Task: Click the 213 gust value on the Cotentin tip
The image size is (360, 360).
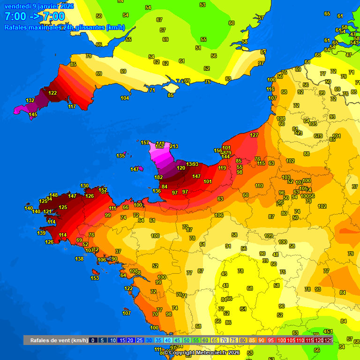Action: click(174, 147)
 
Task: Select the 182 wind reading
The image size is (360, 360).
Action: click(158, 177)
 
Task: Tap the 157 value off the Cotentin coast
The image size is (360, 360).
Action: click(145, 142)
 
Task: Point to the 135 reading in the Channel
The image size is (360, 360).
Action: click(121, 156)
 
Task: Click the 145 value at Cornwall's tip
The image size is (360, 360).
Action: click(33, 115)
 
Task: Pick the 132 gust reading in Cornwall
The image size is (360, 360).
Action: click(30, 101)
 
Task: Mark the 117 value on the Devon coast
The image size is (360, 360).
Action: click(72, 107)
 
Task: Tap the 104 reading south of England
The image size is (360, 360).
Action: click(125, 98)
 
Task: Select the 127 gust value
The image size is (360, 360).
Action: click(254, 135)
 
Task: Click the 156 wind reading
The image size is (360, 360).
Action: click(218, 150)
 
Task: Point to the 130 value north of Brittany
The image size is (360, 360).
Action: click(84, 186)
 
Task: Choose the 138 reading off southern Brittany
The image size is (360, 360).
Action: click(79, 259)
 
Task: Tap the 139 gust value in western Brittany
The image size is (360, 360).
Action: click(42, 233)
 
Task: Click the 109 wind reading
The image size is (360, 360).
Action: click(269, 236)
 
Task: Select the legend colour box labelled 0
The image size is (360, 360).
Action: click(93, 340)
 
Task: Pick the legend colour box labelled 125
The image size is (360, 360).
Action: click(329, 340)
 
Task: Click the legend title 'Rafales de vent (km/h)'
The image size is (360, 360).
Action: click(59, 340)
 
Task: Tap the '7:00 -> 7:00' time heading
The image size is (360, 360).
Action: click(34, 17)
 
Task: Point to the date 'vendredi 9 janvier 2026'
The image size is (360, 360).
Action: click(39, 6)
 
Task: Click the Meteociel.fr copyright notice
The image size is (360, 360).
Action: click(202, 352)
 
